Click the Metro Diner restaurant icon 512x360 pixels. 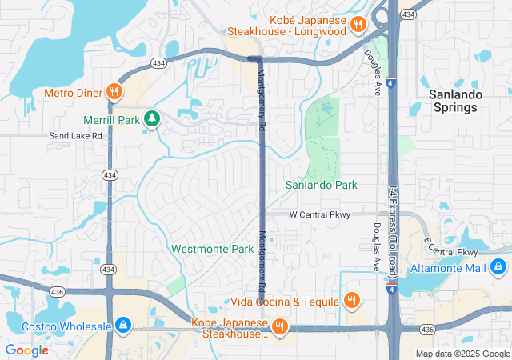[x=115, y=91]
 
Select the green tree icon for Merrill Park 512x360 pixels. [x=150, y=120]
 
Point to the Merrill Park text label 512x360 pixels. [x=111, y=120]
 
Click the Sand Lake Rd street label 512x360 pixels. [x=76, y=136]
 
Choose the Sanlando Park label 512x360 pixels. [x=322, y=186]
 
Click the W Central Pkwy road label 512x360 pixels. [x=320, y=214]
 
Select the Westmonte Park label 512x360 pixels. [x=212, y=249]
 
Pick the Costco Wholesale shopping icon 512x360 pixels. [x=122, y=324]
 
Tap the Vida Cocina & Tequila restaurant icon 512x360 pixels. [x=350, y=301]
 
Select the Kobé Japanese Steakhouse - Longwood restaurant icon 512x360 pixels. [x=358, y=24]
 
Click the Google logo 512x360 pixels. [x=26, y=350]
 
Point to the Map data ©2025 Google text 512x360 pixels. [x=462, y=354]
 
